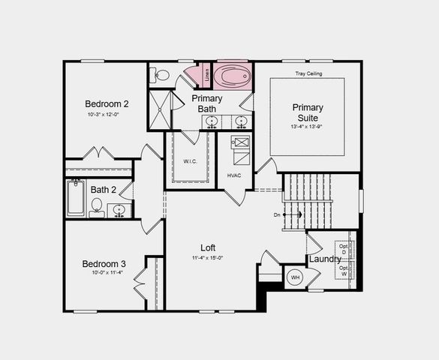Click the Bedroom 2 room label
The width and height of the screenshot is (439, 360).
107,103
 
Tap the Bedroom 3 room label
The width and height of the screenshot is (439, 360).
104,264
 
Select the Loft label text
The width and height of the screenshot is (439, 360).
208,247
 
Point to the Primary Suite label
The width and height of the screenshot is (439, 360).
306,112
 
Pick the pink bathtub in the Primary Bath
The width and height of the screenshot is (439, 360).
233,76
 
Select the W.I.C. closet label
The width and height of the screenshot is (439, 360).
190,161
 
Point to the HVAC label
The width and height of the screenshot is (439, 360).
233,175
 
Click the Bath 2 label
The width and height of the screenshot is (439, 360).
104,190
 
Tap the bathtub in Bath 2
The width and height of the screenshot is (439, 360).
76,197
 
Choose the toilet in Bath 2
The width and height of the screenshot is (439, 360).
97,207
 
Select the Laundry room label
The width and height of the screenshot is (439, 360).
325,259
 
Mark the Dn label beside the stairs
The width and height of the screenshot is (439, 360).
277,214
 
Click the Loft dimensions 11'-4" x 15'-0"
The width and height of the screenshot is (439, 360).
207,258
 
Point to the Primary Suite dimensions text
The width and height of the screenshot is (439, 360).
305,127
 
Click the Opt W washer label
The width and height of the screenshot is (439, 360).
344,271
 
